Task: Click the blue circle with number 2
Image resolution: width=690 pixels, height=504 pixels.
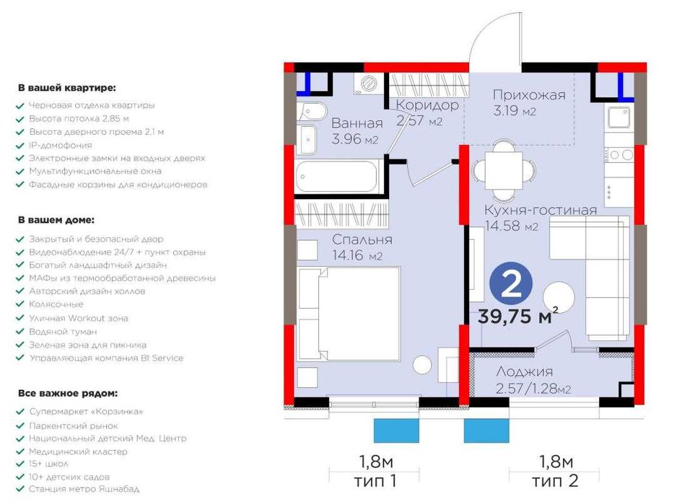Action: coord(511,285)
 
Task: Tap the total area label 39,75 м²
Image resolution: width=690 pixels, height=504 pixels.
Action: coord(517,315)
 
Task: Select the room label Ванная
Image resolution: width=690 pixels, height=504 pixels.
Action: coord(357,123)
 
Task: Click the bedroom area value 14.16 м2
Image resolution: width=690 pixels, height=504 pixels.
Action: coord(357,255)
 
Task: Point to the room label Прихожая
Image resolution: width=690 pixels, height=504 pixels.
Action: coord(529,95)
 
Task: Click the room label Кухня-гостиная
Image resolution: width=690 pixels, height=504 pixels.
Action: coord(541,211)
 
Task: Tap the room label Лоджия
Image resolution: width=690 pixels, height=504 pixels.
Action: coord(524,372)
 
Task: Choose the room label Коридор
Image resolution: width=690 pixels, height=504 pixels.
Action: coord(427,105)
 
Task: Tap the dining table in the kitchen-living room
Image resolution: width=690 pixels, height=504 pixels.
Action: coord(504,170)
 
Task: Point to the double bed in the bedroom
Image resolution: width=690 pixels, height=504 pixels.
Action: coord(349,313)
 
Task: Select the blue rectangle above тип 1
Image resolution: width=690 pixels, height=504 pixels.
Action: coord(396,430)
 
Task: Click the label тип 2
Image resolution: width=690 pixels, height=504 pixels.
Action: coord(554,481)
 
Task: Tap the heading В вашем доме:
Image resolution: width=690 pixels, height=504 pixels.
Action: coord(56,219)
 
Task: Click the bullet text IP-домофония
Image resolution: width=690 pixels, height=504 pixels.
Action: coord(61,145)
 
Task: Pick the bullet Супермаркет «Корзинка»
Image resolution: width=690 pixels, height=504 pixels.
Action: coord(87,412)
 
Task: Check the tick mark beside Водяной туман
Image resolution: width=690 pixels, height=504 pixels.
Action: coord(19,332)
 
